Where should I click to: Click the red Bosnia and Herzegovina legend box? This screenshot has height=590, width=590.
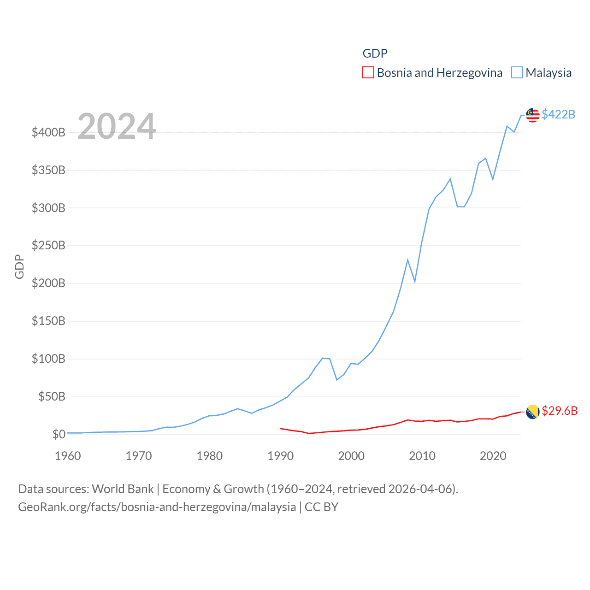pyautogui.click(x=368, y=73)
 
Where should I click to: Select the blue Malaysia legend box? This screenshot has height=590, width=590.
pyautogui.click(x=517, y=73)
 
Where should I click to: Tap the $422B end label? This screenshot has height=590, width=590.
pyautogui.click(x=558, y=114)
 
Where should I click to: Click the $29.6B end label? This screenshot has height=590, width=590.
pyautogui.click(x=560, y=411)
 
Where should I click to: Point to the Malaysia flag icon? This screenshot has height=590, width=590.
pyautogui.click(x=532, y=115)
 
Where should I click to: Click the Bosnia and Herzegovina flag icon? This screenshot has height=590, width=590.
pyautogui.click(x=532, y=412)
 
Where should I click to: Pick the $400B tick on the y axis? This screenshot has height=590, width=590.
pyautogui.click(x=48, y=133)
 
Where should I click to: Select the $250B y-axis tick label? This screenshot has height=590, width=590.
pyautogui.click(x=48, y=246)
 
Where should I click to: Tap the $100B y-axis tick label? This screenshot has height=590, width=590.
pyautogui.click(x=48, y=359)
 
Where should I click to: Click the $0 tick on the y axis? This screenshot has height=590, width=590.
pyautogui.click(x=59, y=434)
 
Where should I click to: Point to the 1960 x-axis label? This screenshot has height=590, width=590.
pyautogui.click(x=68, y=456)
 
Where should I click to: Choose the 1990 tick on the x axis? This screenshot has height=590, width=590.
pyautogui.click(x=280, y=456)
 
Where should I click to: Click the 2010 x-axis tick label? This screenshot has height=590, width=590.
pyautogui.click(x=422, y=456)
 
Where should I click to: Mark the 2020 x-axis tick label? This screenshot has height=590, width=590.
pyautogui.click(x=493, y=456)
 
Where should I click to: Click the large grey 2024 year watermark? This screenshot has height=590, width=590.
pyautogui.click(x=117, y=126)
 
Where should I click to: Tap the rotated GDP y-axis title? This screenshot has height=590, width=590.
pyautogui.click(x=19, y=266)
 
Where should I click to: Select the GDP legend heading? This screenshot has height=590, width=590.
pyautogui.click(x=375, y=53)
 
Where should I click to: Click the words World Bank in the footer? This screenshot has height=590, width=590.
pyautogui.click(x=123, y=489)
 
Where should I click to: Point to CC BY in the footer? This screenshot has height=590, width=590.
pyautogui.click(x=321, y=507)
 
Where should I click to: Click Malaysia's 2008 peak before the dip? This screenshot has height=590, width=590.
pyautogui.click(x=407, y=260)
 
